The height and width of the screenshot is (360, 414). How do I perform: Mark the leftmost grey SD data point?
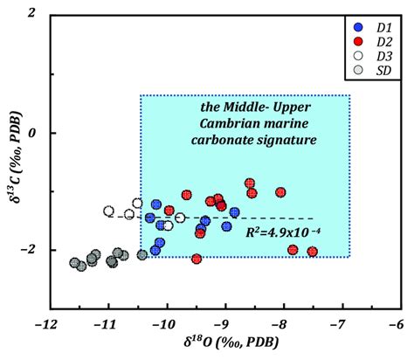click(75, 262)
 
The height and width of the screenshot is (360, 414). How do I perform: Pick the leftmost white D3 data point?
click(109, 211)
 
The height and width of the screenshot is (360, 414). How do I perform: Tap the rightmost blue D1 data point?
click(234, 212)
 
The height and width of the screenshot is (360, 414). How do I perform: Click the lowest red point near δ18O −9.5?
click(197, 259)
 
